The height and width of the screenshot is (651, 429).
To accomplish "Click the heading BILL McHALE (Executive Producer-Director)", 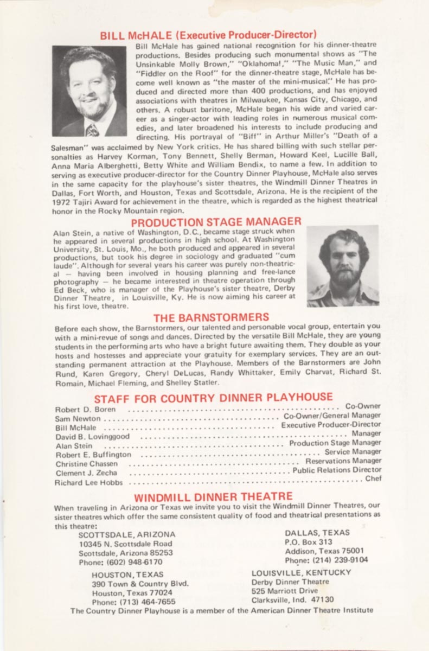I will click(x=208, y=35).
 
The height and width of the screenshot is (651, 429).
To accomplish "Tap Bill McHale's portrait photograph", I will click(x=89, y=91).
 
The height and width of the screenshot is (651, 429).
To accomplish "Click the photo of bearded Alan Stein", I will click(x=343, y=266).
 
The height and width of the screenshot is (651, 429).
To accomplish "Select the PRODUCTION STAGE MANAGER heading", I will click(x=216, y=222).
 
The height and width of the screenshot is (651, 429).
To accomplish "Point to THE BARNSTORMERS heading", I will click(x=211, y=317).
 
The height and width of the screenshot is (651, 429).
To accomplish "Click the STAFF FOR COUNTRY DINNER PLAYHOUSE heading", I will click(x=213, y=398).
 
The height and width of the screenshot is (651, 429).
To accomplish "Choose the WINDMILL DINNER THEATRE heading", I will click(x=213, y=496).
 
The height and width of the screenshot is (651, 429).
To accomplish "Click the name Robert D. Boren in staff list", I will click(x=85, y=409).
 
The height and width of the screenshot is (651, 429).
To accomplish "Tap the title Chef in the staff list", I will click(x=373, y=478).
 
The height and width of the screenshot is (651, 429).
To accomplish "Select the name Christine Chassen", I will click(x=87, y=464).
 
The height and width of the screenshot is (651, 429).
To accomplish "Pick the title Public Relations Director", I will click(x=337, y=470).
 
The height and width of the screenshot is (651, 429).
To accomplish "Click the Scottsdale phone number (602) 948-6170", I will click(x=120, y=562).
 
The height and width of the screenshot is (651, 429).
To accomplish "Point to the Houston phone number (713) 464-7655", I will click(x=133, y=602).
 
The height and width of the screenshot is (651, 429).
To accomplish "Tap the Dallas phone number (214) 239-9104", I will click(x=326, y=560).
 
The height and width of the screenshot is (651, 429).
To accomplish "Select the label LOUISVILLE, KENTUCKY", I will click(x=301, y=572).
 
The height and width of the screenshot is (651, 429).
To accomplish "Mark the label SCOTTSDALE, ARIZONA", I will click(x=127, y=534).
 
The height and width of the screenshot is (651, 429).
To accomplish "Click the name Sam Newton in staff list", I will click(x=78, y=418).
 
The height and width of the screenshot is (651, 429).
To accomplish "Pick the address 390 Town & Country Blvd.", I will click(x=140, y=584).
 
